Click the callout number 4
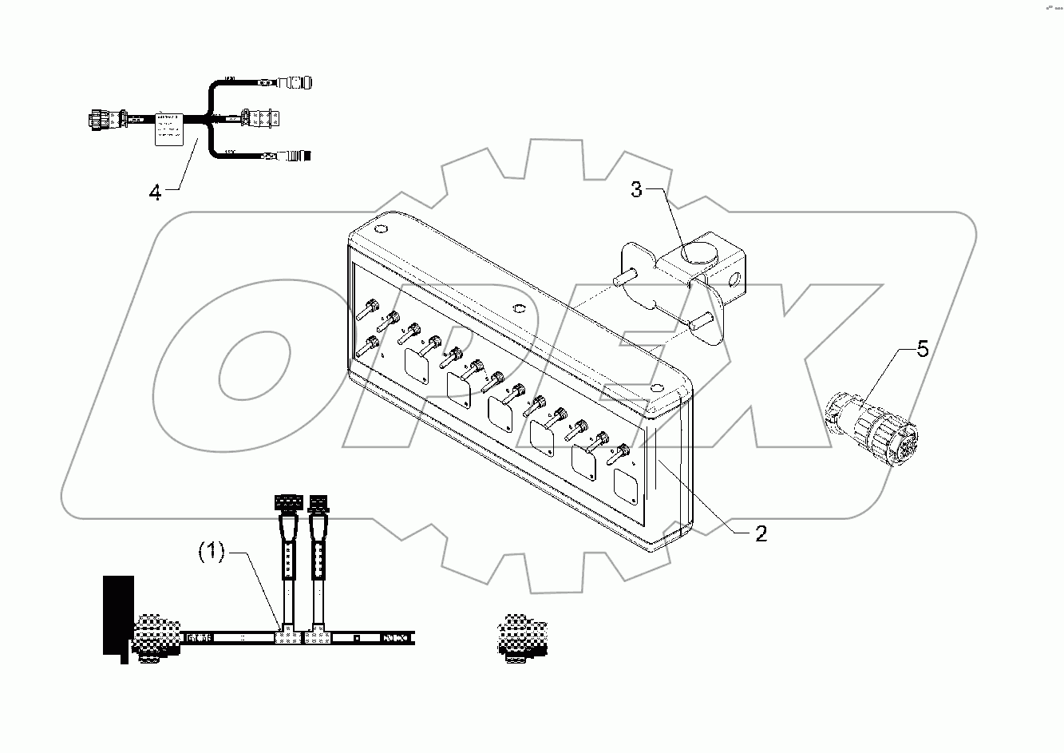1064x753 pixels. (x=155, y=192)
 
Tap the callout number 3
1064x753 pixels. (x=636, y=190)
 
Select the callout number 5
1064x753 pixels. (x=922, y=350)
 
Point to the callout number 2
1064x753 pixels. (x=761, y=534)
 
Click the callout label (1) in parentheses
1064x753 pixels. (x=212, y=552)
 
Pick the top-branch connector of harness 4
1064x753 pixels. (x=295, y=82)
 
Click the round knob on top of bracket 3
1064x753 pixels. (x=698, y=256)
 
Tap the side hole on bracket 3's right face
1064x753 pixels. (x=734, y=279)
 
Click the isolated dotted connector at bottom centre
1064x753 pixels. (x=519, y=636)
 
